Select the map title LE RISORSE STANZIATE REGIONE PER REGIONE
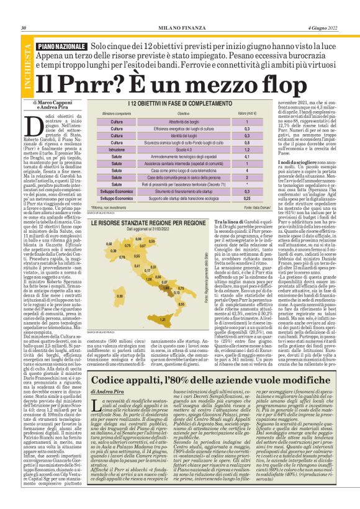(x=148, y=222)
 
